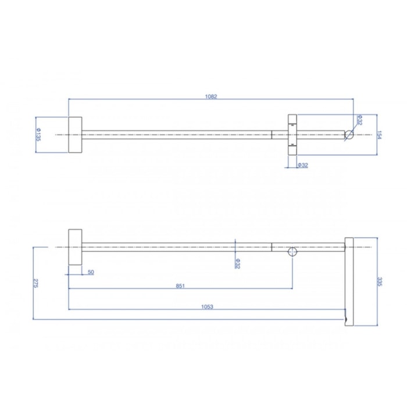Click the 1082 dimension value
point(210,97)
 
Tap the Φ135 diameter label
point(38,134)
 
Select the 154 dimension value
point(379,135)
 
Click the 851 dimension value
point(180,286)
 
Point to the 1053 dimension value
point(207,307)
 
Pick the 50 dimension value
point(91,272)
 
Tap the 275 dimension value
point(35,283)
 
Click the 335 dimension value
point(379,281)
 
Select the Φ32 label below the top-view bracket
point(302,165)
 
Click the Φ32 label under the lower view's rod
point(237,263)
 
